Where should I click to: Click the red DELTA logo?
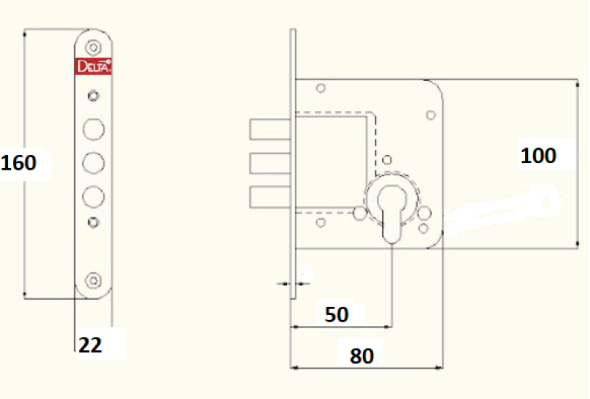click(94, 66)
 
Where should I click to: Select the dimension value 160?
click(19, 162)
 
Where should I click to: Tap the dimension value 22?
click(90, 344)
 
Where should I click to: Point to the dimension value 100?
click(538, 156)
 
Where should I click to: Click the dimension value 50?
click(336, 315)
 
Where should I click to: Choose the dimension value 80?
click(361, 356)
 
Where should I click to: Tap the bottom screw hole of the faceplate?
click(93, 280)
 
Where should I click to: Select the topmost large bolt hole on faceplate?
click(93, 128)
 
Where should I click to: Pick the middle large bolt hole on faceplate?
click(93, 162)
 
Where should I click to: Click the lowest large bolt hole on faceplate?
click(93, 195)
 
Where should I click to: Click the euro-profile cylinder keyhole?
click(392, 209)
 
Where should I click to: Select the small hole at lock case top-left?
click(320, 89)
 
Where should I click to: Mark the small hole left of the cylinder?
click(359, 214)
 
